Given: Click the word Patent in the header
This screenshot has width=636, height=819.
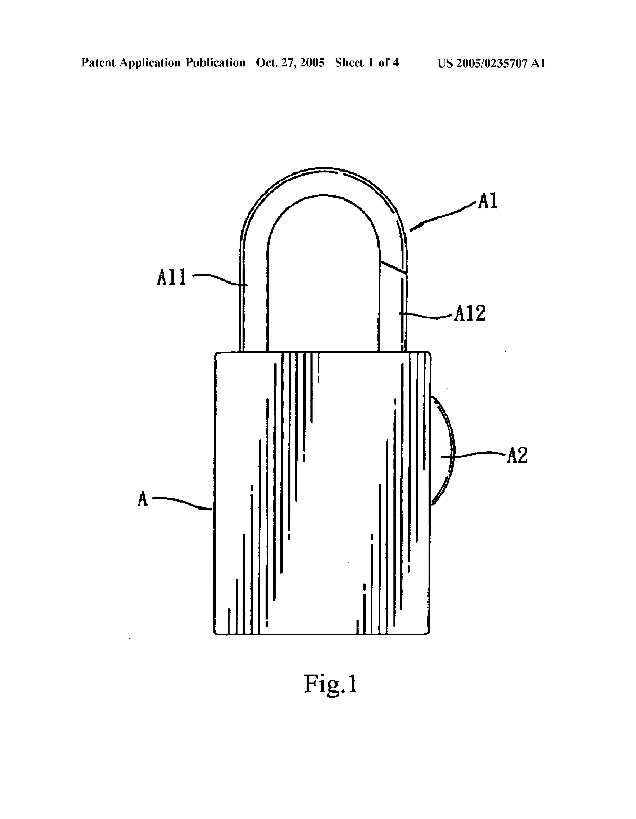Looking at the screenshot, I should tap(98, 63).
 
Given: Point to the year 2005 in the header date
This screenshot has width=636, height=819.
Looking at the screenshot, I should tap(312, 63).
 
